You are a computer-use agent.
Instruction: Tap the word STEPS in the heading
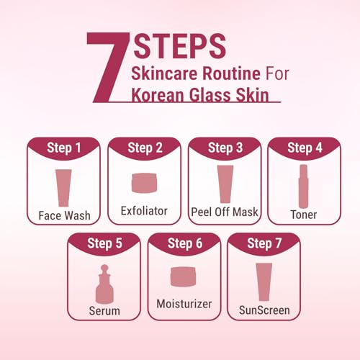[x=180, y=46]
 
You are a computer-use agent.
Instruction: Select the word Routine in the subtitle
[x=231, y=73]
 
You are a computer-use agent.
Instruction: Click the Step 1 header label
[x=63, y=148]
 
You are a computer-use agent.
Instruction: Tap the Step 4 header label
[x=305, y=148]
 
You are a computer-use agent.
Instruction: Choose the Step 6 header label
[x=185, y=243]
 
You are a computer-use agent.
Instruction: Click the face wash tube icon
[x=63, y=188]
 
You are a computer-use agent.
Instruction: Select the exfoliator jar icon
[x=144, y=183]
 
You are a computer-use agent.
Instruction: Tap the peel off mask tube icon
[x=225, y=184]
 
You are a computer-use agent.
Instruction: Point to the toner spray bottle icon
[x=303, y=186]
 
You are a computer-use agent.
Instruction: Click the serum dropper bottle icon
[x=104, y=284]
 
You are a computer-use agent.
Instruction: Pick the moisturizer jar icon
[x=183, y=276]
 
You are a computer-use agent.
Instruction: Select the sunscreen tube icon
[x=264, y=282]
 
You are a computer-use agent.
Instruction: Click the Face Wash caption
[x=65, y=215]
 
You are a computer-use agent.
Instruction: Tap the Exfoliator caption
[x=144, y=211]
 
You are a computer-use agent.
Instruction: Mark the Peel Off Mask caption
[x=225, y=212]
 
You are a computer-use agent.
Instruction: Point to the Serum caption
[x=104, y=311]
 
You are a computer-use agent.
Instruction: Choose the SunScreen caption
[x=264, y=310]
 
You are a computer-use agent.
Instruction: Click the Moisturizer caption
[x=184, y=304]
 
